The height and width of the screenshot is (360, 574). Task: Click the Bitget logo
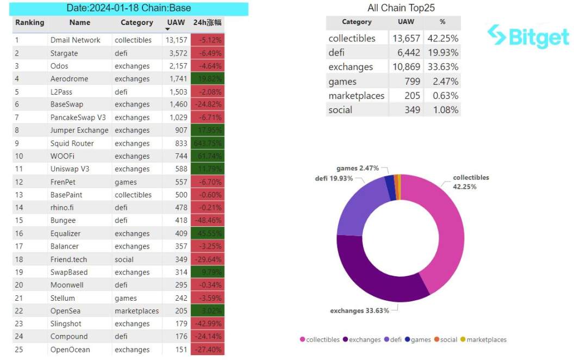click(x=528, y=36)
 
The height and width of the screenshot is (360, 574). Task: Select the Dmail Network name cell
click(x=75, y=40)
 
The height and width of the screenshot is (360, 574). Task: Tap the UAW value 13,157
click(x=176, y=40)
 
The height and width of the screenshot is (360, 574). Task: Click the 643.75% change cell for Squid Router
click(x=207, y=144)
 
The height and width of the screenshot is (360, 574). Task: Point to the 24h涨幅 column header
click(x=207, y=23)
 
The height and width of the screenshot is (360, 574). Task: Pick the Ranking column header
click(x=30, y=23)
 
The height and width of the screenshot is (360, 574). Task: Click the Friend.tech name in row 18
click(x=69, y=259)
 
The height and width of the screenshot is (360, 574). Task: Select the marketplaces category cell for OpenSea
click(x=137, y=311)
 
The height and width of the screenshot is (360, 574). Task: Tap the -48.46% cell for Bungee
click(x=207, y=221)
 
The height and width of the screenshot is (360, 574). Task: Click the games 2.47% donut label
click(x=357, y=169)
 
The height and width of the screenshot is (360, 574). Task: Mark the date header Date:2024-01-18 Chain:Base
click(x=129, y=9)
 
